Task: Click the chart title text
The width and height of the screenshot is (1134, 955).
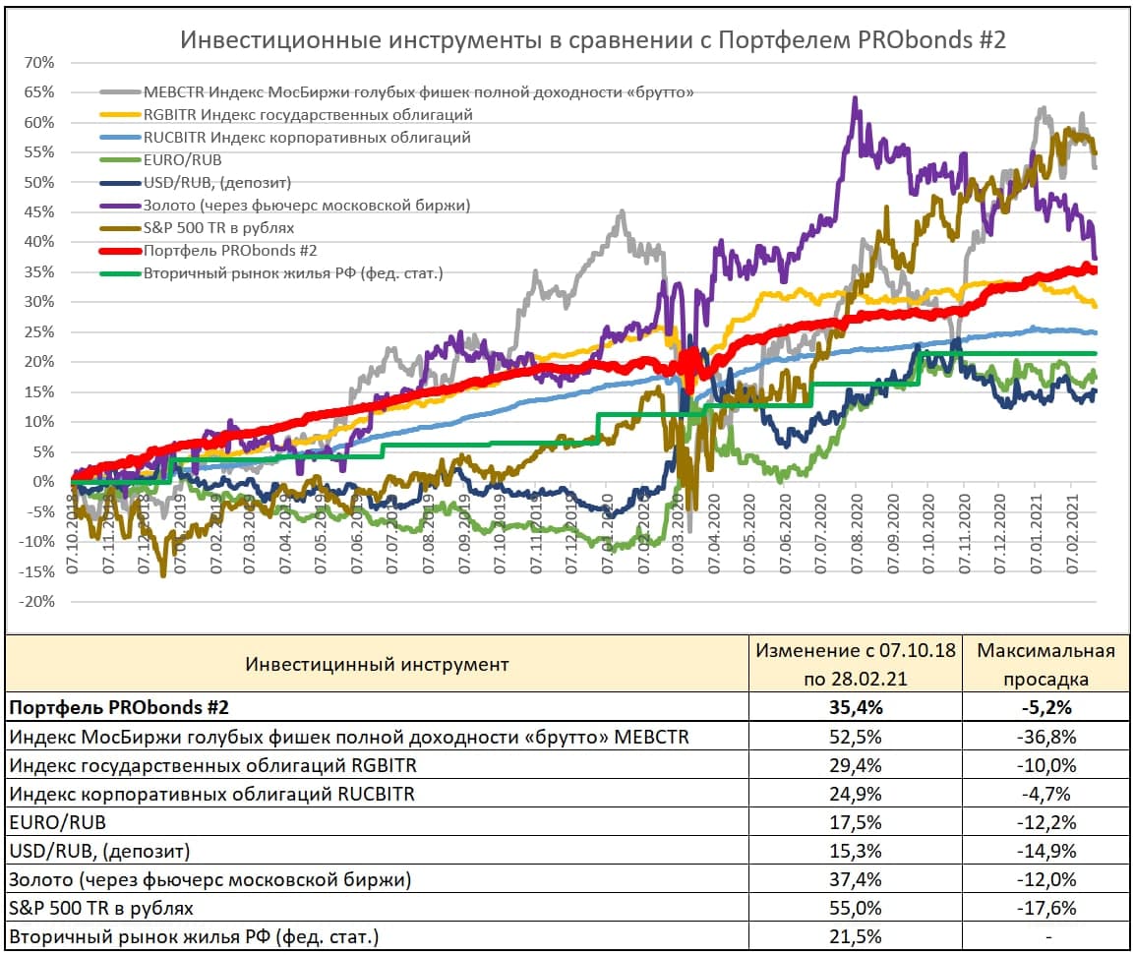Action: [x=593, y=40]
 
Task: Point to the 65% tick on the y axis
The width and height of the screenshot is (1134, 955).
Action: [x=40, y=92]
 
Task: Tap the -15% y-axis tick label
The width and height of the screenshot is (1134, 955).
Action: [x=36, y=572]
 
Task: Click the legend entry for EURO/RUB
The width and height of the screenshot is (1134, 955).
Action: [x=182, y=159]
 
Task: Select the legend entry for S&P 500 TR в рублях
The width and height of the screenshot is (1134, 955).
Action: [x=218, y=227]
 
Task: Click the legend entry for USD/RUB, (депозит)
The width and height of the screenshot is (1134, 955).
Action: [x=217, y=182]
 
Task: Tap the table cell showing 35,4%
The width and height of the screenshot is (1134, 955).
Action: [x=855, y=706]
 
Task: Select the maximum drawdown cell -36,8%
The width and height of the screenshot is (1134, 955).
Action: [x=1044, y=737]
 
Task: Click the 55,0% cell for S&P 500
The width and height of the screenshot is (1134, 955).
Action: [x=855, y=908]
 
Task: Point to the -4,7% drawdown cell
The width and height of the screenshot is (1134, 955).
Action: [x=1044, y=794]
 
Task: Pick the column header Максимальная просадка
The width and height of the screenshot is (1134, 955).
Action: [x=1044, y=664]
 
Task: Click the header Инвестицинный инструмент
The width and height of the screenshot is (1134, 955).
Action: [x=376, y=664]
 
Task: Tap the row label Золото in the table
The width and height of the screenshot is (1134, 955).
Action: [x=209, y=879]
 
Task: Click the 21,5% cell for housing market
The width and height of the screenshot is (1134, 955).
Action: [x=855, y=936]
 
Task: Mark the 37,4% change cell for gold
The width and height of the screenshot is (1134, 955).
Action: [x=855, y=879]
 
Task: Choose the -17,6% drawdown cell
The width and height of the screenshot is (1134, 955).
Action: [x=1044, y=908]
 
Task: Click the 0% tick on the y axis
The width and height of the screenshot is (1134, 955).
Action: [x=43, y=482]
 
